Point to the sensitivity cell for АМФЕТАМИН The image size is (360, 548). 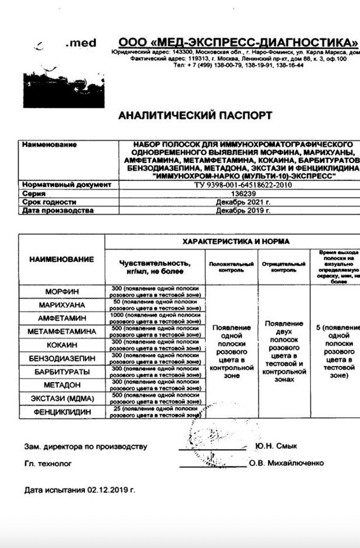tap(155, 318)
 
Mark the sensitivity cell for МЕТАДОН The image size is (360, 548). tap(155, 385)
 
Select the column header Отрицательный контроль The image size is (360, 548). tap(284, 267)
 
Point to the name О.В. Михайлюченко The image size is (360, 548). tap(287, 463)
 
